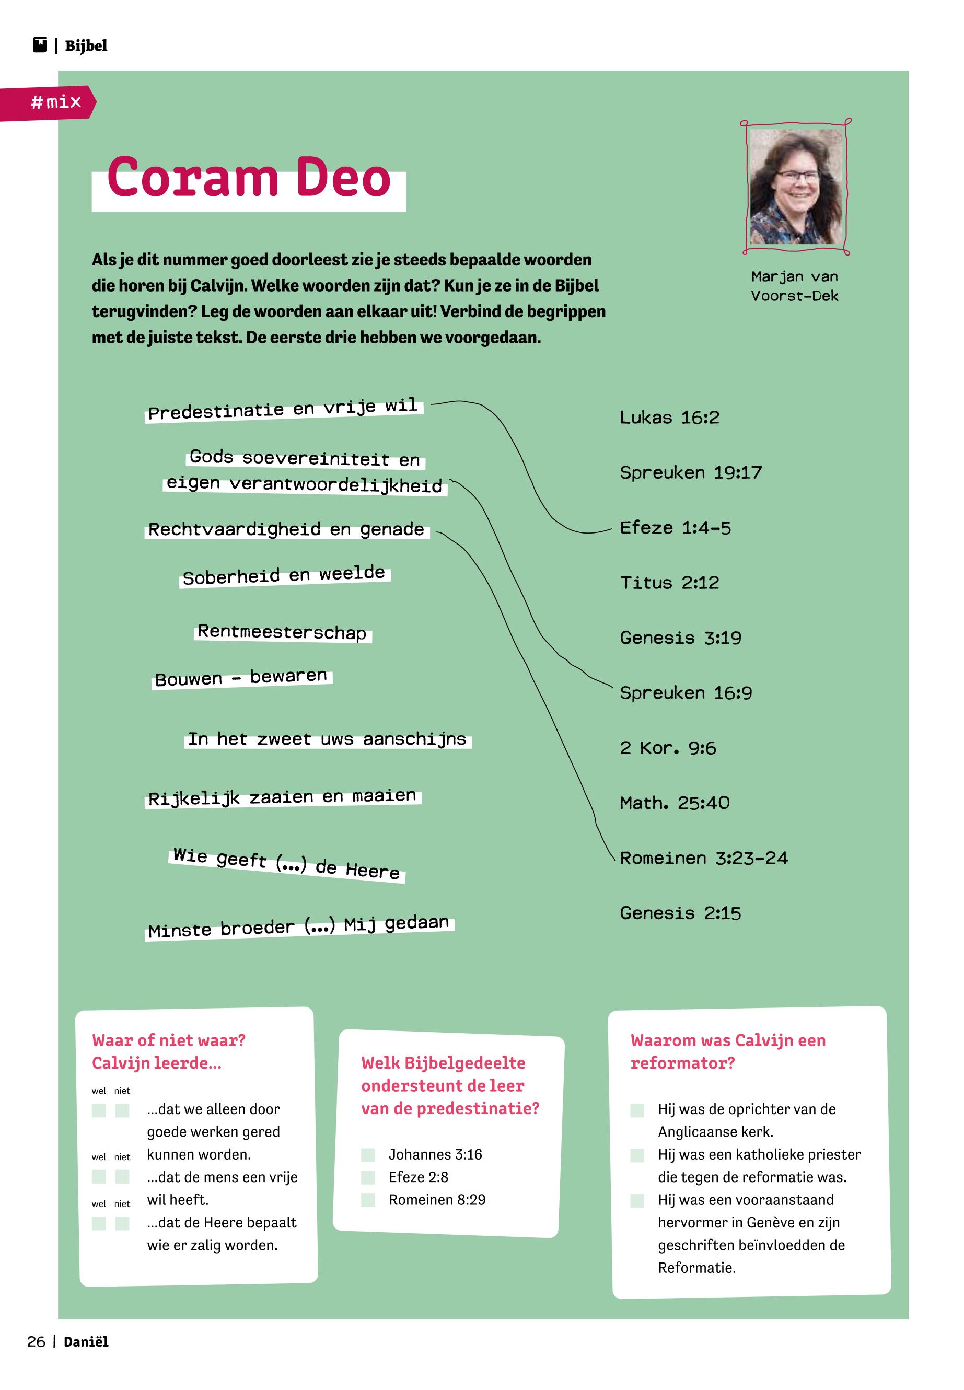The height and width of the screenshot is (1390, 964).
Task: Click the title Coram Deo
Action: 249,178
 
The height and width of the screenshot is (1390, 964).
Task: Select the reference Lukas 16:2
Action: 669,418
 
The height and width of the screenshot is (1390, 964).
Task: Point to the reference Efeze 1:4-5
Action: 675,528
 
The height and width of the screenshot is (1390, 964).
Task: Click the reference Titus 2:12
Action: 669,583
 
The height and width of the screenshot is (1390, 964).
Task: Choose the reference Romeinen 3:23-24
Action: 704,859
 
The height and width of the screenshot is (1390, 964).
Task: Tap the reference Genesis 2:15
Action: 680,913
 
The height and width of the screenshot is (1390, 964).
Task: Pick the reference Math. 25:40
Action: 675,804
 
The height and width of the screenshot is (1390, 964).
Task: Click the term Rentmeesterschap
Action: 282,632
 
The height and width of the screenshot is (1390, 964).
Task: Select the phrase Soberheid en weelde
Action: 284,575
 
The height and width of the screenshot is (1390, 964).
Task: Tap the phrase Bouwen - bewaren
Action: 241,678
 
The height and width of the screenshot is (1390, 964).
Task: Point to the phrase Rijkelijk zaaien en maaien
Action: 282,797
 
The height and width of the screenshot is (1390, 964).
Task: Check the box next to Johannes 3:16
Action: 368,1155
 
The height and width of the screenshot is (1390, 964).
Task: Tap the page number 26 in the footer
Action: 36,1342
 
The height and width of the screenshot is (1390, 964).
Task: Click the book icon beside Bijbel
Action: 40,45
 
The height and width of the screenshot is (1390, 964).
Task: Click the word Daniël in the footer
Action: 86,1342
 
